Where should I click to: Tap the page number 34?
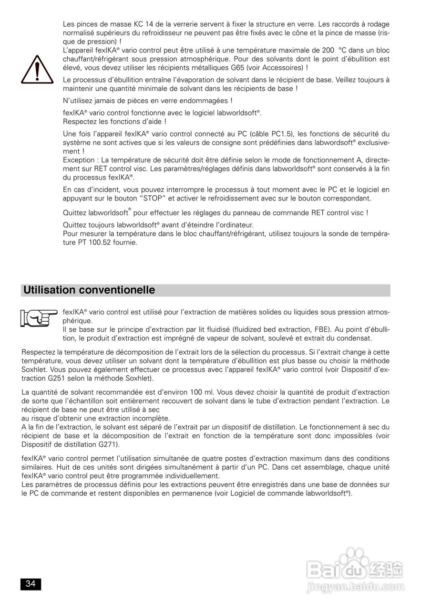[31, 584]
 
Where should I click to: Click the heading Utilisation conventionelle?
[89, 290]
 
